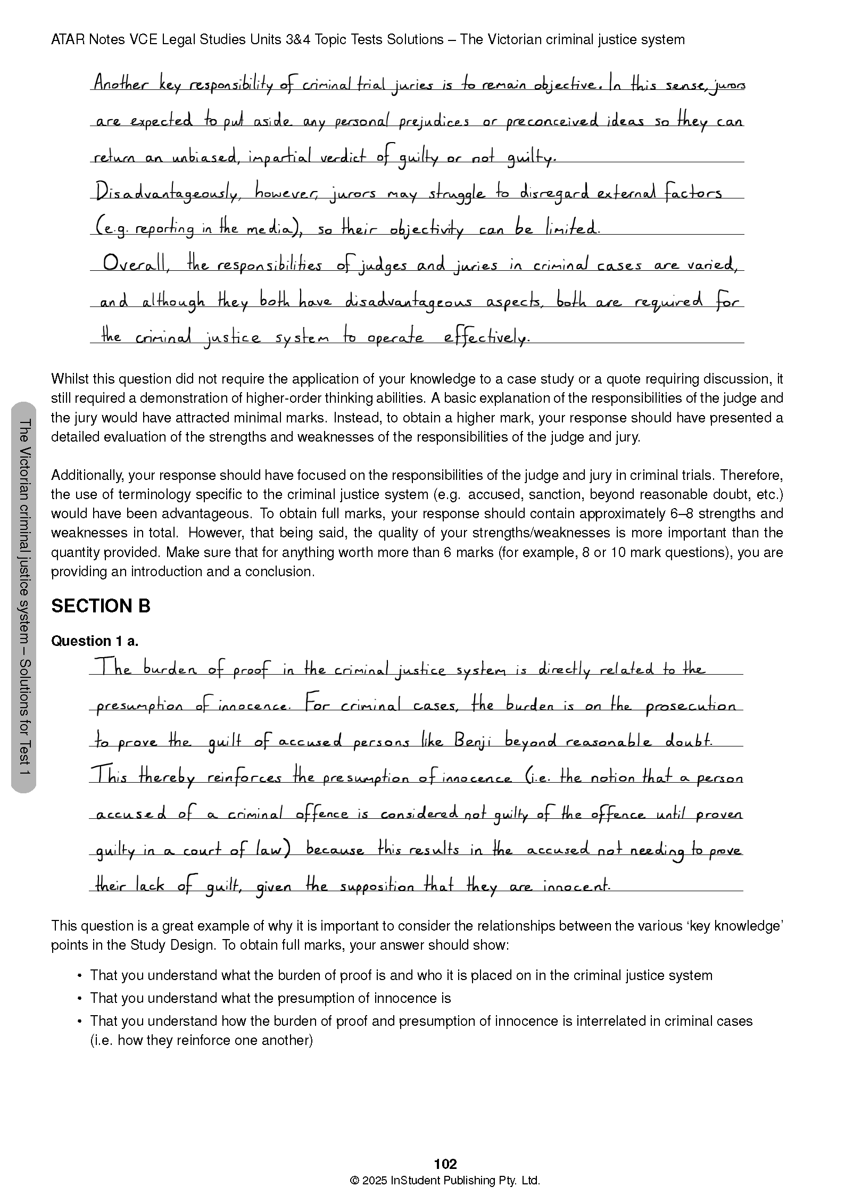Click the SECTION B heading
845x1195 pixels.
(101, 606)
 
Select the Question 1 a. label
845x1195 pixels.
(95, 641)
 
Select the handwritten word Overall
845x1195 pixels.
(134, 264)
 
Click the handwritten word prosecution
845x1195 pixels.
(691, 707)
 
